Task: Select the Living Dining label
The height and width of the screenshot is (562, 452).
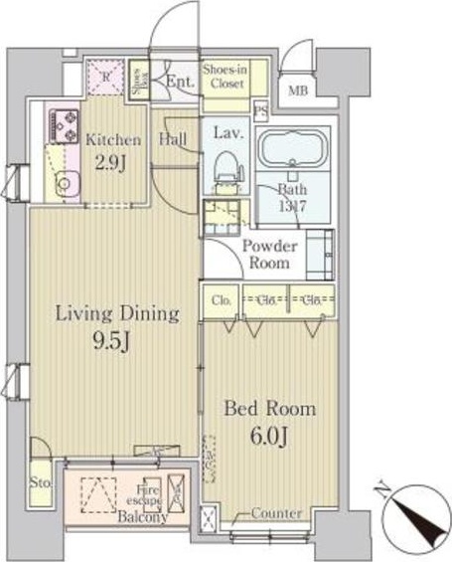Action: click(116, 315)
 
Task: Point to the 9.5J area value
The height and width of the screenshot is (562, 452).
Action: click(115, 344)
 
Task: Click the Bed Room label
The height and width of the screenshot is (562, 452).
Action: click(269, 409)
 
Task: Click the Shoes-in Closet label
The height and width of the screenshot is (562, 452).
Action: click(225, 78)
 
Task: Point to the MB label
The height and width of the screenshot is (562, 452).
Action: click(298, 94)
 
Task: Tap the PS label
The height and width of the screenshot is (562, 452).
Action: click(261, 111)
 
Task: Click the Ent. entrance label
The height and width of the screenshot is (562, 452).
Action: click(180, 83)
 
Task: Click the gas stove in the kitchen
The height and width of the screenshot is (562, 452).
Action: click(61, 125)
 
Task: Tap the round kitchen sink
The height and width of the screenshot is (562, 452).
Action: click(64, 183)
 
